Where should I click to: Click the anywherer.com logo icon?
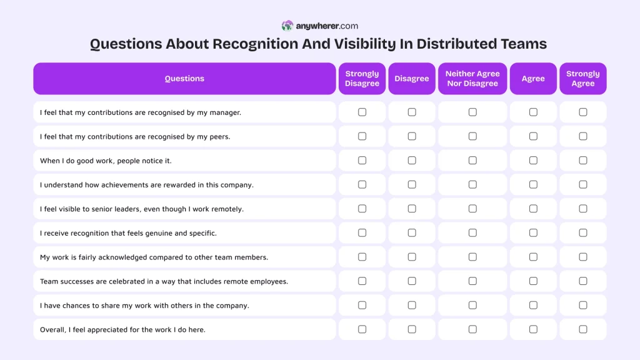(x=287, y=26)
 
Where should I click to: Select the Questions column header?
(x=184, y=79)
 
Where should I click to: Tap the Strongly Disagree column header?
(x=362, y=79)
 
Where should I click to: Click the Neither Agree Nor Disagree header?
(x=472, y=79)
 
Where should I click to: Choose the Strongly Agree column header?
(x=582, y=79)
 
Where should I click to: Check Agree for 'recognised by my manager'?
(x=533, y=112)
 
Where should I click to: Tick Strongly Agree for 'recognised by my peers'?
(x=582, y=136)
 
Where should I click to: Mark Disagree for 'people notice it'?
(x=412, y=161)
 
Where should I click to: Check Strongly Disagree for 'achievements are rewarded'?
(x=362, y=185)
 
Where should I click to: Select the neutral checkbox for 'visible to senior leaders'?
(x=472, y=209)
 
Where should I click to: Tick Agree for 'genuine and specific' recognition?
(x=533, y=233)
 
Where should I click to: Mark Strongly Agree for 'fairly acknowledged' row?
(x=582, y=257)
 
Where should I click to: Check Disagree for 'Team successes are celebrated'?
(x=412, y=281)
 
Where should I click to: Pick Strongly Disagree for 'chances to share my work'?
(x=362, y=306)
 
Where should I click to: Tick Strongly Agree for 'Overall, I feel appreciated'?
(x=582, y=329)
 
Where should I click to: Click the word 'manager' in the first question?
(x=225, y=112)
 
